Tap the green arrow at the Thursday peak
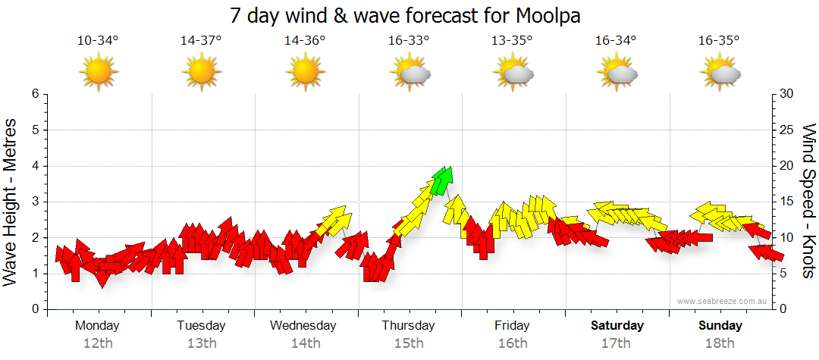tap(443, 180)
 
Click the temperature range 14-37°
tap(201, 41)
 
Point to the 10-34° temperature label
tap(98, 41)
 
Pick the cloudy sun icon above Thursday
tap(409, 73)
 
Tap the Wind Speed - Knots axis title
tap(808, 201)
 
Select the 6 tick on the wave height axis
tap(34, 94)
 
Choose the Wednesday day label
tap(303, 326)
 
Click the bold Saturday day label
tap(617, 326)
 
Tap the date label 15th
tap(409, 343)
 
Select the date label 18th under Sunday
tap(720, 343)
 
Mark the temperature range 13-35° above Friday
tap(512, 41)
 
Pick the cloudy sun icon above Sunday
tap(720, 73)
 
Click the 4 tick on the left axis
tap(34, 166)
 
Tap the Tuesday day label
tap(201, 326)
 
